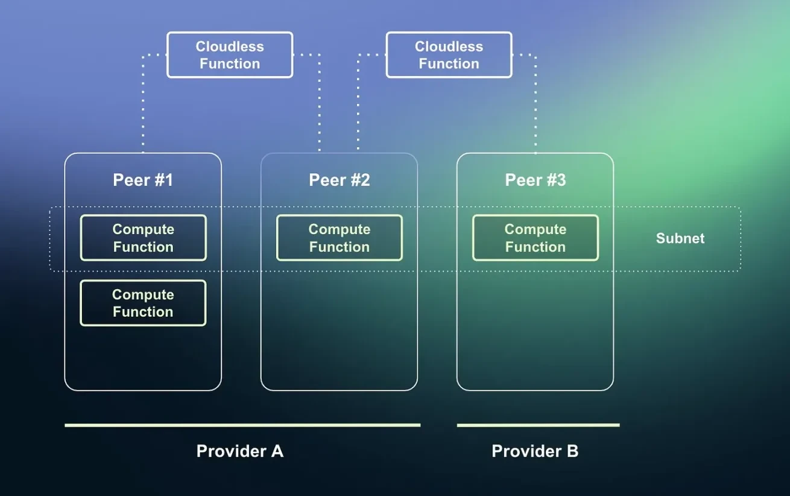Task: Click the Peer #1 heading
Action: [x=143, y=180]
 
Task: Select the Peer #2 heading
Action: [x=339, y=180]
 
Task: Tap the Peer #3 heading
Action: [x=535, y=180]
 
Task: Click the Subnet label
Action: [x=680, y=238]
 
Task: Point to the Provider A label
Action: [x=239, y=451]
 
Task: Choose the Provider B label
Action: [x=535, y=451]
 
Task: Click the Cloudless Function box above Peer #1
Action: [x=230, y=55]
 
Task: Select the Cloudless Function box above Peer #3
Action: [x=449, y=55]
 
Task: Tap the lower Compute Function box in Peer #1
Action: [x=143, y=303]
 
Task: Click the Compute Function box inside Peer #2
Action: [x=339, y=238]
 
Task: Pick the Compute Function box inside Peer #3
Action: [x=535, y=238]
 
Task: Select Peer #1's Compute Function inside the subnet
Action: [x=143, y=238]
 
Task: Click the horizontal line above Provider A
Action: [x=242, y=425]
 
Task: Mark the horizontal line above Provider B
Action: [x=538, y=425]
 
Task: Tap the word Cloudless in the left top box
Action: [x=230, y=46]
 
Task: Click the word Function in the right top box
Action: [x=449, y=63]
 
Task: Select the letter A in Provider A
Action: [x=277, y=451]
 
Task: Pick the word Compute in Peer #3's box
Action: [x=535, y=229]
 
